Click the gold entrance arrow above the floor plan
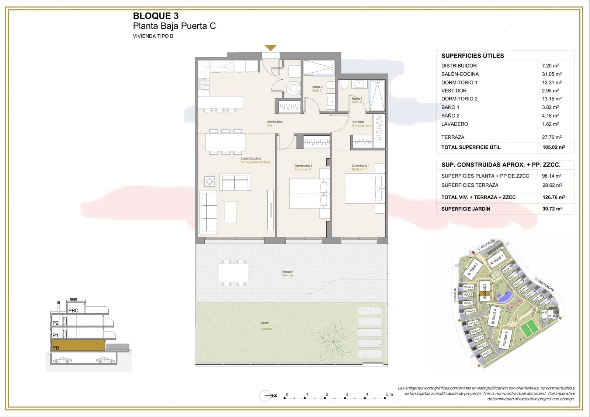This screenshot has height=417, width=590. [x=271, y=48]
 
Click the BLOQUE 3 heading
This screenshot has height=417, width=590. [x=156, y=16]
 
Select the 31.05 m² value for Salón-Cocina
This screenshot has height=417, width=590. [x=552, y=74]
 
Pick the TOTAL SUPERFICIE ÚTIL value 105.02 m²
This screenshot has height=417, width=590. [x=553, y=147]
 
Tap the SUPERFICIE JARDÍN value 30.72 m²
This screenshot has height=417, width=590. [x=552, y=209]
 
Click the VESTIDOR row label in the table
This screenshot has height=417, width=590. [x=454, y=91]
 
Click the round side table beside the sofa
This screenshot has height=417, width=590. [x=210, y=181]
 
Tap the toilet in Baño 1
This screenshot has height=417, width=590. [x=344, y=85]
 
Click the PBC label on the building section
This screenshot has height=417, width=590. [x=73, y=311]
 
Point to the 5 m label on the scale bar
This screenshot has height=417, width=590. [x=389, y=394]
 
